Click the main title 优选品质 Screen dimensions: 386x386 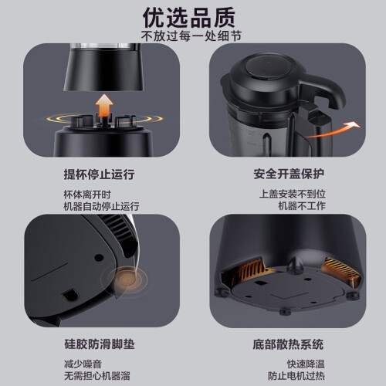point(189,18)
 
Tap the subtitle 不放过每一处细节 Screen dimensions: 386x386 point(191,36)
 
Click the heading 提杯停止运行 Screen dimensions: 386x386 point(99,174)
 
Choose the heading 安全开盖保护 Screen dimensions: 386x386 point(289,174)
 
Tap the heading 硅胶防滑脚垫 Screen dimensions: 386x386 point(100,344)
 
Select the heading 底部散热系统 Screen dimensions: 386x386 point(288,344)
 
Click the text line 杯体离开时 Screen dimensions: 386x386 point(87,195)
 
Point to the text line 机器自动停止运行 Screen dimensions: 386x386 point(101,206)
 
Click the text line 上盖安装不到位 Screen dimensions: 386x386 point(293,194)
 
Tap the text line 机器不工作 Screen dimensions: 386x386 point(302,205)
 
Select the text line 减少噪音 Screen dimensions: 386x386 point(83,364)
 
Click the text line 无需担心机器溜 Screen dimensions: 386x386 point(97,376)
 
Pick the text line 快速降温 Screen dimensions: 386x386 point(306,364)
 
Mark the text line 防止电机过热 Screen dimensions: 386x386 point(296,376)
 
